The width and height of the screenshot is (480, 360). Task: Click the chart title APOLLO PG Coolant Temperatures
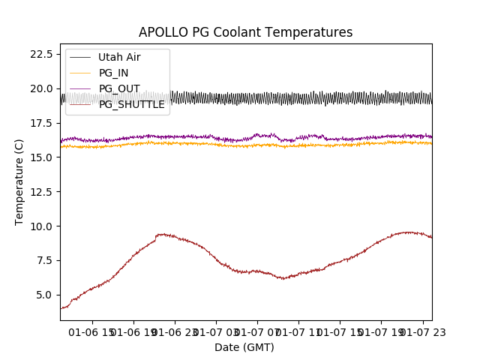(x=245, y=33)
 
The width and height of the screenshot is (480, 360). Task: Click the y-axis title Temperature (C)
(x=19, y=181)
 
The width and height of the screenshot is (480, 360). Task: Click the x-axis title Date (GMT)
(x=244, y=347)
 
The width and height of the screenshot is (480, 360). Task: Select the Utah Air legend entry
(x=118, y=57)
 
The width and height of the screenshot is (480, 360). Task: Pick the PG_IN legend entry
(x=113, y=73)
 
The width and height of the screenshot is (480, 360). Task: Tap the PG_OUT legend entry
(x=118, y=88)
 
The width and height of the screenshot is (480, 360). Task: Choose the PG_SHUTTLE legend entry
(x=131, y=104)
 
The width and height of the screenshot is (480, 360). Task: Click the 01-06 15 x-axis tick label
(x=93, y=331)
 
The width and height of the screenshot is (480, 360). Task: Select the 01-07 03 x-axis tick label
(x=216, y=331)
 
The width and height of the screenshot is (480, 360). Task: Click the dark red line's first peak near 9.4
(x=163, y=234)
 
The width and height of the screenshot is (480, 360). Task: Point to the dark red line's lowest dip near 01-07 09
(x=283, y=278)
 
